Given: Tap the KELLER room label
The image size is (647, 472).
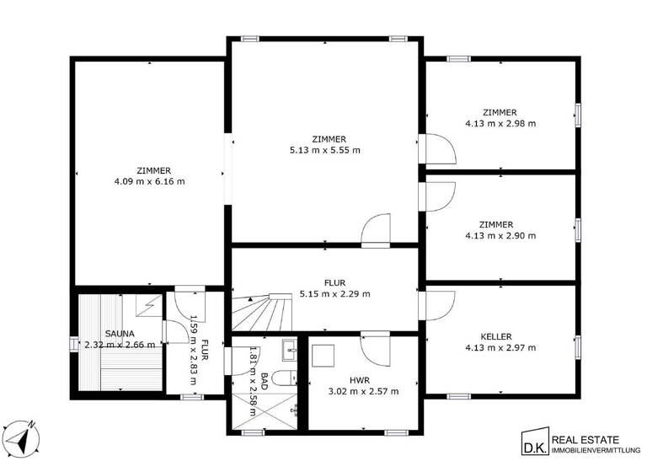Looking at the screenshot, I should pyautogui.click(x=500, y=335).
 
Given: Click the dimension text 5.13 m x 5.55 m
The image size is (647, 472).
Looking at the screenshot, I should pyautogui.click(x=324, y=151).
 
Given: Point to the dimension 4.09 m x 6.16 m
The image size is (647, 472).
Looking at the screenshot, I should pyautogui.click(x=149, y=180).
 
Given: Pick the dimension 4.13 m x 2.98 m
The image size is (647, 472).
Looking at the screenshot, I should pyautogui.click(x=500, y=123).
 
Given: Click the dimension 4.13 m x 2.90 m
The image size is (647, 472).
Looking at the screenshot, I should pyautogui.click(x=500, y=236).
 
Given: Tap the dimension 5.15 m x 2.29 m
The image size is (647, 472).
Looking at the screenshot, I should pyautogui.click(x=334, y=294).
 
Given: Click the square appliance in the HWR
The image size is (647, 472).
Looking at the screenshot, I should pyautogui.click(x=323, y=358).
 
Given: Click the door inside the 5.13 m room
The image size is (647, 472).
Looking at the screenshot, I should pyautogui.click(x=377, y=228).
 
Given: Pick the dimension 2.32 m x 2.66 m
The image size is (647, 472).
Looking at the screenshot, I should pyautogui.click(x=118, y=345).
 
